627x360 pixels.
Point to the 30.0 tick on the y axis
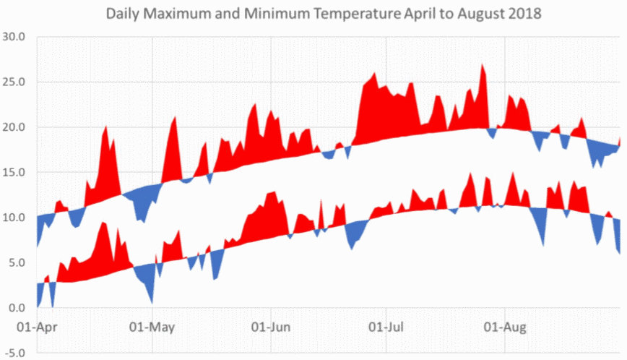click(13, 37)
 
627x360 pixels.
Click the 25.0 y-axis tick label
click(13, 82)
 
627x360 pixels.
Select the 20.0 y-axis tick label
click(13, 127)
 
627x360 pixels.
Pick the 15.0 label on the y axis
click(13, 172)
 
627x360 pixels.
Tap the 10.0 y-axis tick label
click(13, 218)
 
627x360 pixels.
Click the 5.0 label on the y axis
click(16, 263)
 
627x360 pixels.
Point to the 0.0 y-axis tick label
click(16, 308)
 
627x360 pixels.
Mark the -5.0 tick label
click(14, 353)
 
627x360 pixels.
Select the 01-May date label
click(155, 326)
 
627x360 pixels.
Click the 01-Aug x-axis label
click(503, 326)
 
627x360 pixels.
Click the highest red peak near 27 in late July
click(482, 66)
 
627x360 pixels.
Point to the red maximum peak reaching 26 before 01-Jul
click(374, 74)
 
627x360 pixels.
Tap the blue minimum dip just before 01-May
click(151, 301)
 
